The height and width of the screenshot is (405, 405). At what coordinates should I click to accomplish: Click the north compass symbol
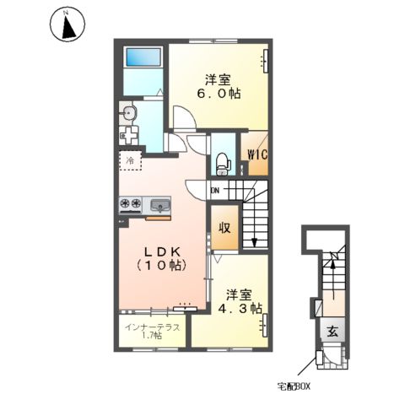pyautogui.click(x=67, y=24)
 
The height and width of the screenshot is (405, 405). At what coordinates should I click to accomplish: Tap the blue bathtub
pyautogui.click(x=143, y=57)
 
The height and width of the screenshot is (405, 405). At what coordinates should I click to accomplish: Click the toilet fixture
pyautogui.click(x=224, y=165)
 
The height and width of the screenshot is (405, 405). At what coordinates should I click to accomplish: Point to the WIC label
pyautogui.click(x=257, y=154)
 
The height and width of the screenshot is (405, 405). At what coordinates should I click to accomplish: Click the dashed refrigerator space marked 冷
pyautogui.click(x=130, y=160)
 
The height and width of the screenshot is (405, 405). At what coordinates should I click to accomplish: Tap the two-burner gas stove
pyautogui.click(x=130, y=204)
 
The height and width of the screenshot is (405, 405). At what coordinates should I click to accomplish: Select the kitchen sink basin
pyautogui.click(x=160, y=205)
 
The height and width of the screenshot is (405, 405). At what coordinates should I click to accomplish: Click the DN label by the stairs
pyautogui.click(x=215, y=191)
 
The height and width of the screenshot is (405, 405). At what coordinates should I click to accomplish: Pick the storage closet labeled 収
pyautogui.click(x=225, y=228)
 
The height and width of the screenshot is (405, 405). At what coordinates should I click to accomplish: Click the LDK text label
pyautogui.click(x=162, y=252)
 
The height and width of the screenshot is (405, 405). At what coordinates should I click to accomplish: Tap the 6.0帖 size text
pyautogui.click(x=219, y=94)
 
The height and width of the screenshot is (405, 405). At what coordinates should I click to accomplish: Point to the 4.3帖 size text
pyautogui.click(x=240, y=309)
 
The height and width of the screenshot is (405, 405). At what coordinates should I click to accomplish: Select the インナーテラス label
pyautogui.click(x=152, y=327)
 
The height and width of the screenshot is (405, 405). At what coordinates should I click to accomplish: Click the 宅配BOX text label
pyautogui.click(x=294, y=387)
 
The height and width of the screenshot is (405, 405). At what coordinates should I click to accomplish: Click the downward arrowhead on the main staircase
pyautogui.click(x=255, y=242)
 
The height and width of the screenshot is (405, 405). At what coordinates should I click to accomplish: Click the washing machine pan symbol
pyautogui.click(x=128, y=136)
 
